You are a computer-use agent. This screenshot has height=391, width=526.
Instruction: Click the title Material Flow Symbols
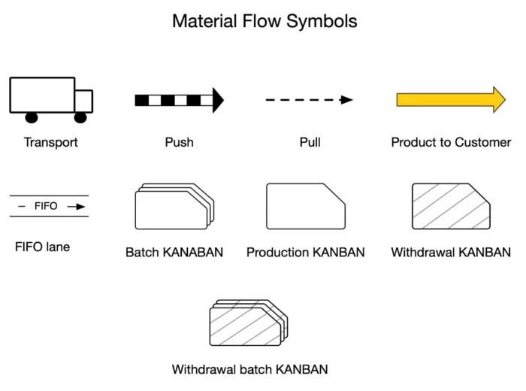pos(265,21)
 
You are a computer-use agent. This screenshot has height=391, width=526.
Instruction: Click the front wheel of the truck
pos(80,117)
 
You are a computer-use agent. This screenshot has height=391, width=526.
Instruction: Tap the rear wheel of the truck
pos(32,117)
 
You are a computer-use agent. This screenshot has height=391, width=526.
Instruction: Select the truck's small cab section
pos(83,101)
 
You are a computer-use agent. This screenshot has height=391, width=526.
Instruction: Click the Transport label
pos(50,142)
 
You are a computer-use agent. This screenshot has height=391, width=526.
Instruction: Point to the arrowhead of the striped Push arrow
pos(218,100)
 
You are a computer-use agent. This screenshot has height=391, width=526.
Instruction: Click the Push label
pos(179,142)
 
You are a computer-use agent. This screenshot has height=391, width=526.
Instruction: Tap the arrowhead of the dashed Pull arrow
pos(346,100)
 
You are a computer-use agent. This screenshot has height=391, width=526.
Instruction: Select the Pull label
pos(310,142)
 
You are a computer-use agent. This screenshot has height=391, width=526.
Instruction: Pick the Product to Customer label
pos(451,142)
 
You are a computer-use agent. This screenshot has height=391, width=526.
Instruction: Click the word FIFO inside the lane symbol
pos(46,206)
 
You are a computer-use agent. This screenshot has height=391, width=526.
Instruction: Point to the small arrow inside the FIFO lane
pos(76,206)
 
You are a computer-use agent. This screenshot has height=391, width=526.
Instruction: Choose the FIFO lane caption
pos(42,247)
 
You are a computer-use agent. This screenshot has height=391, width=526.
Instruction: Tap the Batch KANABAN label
pos(174,253)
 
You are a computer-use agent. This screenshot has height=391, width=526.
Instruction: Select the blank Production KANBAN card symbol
pos(305,206)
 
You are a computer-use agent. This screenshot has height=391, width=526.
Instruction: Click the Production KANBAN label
pos(305,253)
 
